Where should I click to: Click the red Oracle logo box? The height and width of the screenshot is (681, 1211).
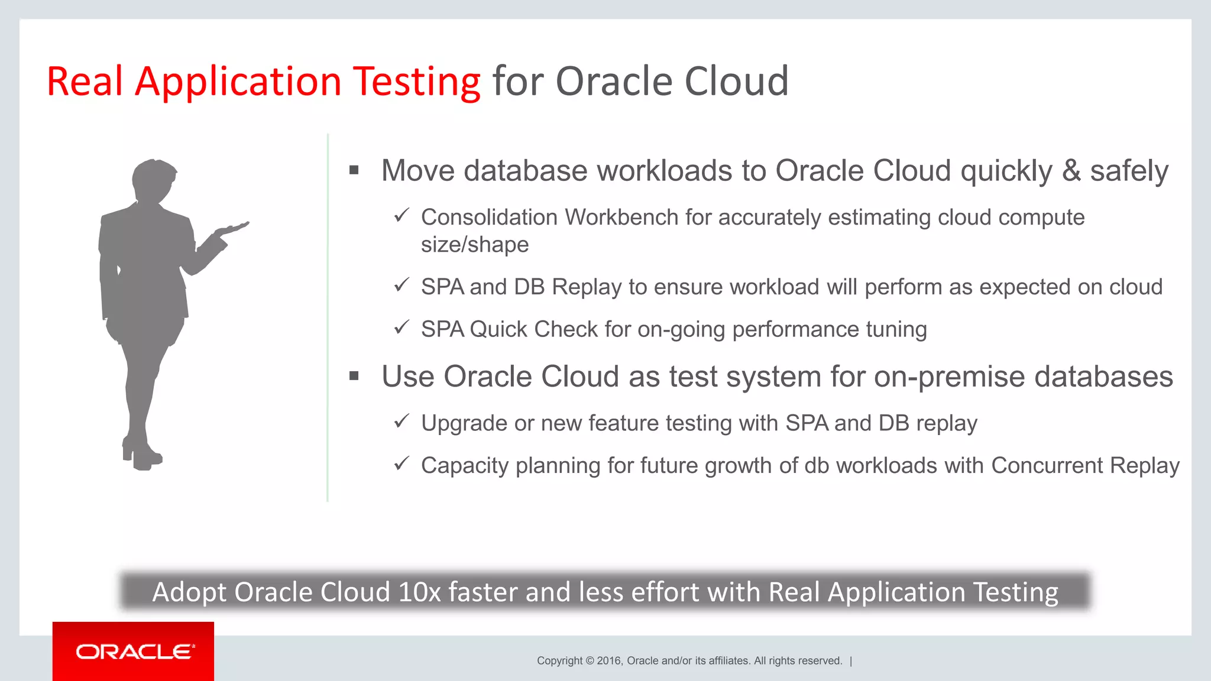coord(133,651)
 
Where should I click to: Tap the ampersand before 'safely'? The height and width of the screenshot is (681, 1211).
coord(1071,171)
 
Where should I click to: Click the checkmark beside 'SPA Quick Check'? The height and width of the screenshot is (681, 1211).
coord(402,327)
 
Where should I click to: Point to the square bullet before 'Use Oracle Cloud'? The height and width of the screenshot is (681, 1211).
coord(354,376)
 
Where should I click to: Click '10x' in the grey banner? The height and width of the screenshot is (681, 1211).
coord(419,592)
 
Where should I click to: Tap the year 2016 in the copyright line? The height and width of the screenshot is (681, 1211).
coord(608,661)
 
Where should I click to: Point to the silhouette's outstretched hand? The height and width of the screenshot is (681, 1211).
coord(234,228)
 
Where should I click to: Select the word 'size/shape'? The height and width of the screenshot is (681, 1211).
coord(475,245)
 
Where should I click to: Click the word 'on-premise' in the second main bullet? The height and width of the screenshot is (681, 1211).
coord(949,377)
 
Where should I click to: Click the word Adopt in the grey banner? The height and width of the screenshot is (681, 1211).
coord(189,592)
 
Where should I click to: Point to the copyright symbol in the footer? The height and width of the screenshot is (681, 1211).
coord(590,661)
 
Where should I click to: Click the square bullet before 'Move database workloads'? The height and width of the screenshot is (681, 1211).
coord(354,171)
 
